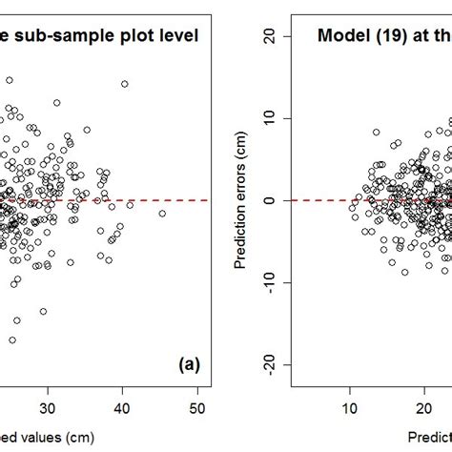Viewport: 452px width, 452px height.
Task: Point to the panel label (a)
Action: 188,363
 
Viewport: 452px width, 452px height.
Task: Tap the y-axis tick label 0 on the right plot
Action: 269,200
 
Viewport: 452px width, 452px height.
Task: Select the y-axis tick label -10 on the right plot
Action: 269,283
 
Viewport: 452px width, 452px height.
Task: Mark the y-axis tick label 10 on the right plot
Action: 269,118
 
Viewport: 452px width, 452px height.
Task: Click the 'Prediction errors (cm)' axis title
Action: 246,200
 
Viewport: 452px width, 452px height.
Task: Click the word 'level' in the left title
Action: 175,37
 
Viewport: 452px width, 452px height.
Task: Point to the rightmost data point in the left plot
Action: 162,214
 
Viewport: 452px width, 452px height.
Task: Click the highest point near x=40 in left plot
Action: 124,84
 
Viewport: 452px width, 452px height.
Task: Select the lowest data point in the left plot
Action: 12,339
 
